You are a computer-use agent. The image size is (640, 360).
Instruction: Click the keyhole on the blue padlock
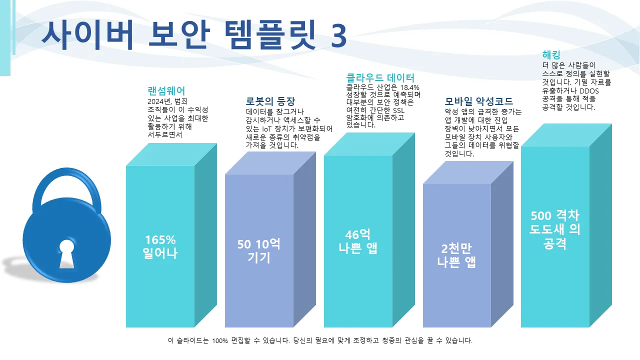tap(66, 251)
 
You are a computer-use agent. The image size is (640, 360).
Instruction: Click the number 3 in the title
tap(338, 35)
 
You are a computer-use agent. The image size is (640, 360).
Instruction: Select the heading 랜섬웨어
tap(166, 91)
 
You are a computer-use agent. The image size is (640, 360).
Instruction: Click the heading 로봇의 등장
tap(270, 100)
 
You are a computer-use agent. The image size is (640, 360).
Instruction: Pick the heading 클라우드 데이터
tap(380, 78)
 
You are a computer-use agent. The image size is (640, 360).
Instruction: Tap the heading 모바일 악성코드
tap(478, 101)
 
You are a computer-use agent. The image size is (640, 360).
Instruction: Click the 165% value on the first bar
tap(160, 239)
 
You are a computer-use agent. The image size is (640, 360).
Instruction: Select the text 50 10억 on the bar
tap(258, 244)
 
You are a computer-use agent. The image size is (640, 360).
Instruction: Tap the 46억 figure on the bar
tap(357, 235)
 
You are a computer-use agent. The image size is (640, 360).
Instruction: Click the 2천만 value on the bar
tap(456, 248)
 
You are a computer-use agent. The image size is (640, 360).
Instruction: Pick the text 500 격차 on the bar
tap(554, 216)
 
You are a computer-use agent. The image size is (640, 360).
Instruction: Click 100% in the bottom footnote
tap(220, 341)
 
